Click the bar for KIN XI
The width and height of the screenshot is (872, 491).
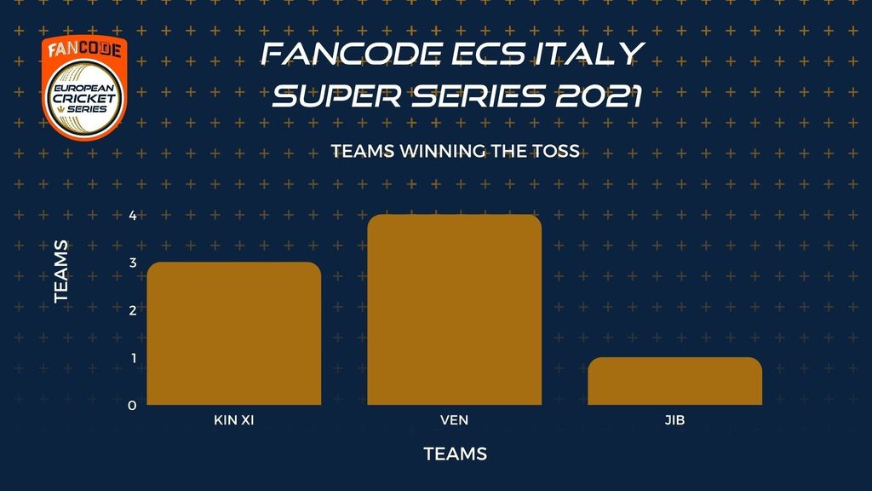coord(234,333)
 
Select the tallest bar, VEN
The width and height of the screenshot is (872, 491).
coord(455,309)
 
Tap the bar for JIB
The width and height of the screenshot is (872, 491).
coord(674,381)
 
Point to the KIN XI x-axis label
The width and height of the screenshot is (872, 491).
coord(234,420)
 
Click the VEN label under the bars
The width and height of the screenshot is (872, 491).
coord(455,420)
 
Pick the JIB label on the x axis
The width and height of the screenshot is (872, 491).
coord(674,420)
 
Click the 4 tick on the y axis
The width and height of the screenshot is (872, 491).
coord(132,215)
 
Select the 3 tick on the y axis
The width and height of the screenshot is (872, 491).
coord(132,263)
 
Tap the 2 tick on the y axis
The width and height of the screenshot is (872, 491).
coord(132,310)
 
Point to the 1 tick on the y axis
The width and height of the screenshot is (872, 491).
coord(134,358)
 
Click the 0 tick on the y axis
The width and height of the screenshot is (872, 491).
coord(132,406)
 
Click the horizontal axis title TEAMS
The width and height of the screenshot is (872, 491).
coord(455,454)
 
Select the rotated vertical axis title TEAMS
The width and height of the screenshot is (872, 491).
coord(61,272)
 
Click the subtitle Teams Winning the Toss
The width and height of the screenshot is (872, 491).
coord(456,151)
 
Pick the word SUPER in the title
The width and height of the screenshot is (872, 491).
coord(336,95)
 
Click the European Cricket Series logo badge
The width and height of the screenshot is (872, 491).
coord(84,88)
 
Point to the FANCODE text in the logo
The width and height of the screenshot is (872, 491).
coord(84,49)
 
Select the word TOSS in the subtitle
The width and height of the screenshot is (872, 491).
coord(557,151)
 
